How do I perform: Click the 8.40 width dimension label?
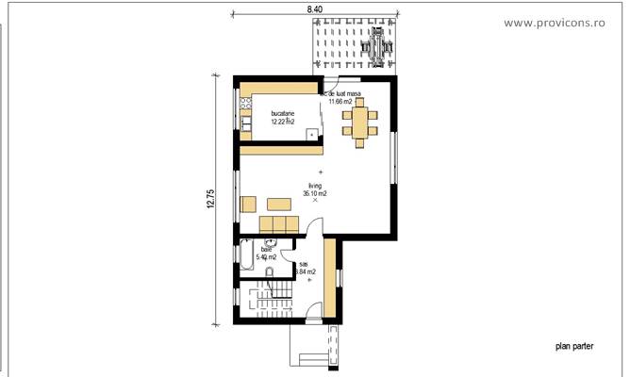click(x=313, y=8)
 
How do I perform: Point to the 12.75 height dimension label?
click(x=211, y=200)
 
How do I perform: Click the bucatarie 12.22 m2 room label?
click(x=282, y=117)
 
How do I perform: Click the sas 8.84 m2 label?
click(x=305, y=269)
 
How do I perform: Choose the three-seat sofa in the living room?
click(x=278, y=223)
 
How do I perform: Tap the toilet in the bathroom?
click(x=270, y=273)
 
